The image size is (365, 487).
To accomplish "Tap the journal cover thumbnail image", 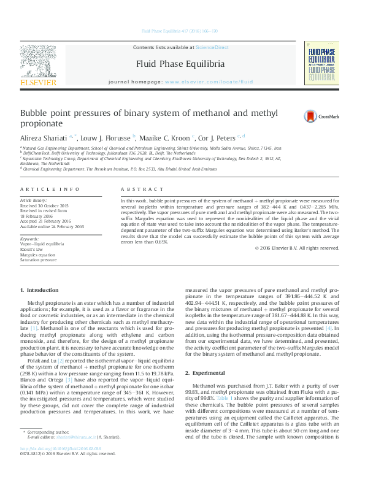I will (320, 65).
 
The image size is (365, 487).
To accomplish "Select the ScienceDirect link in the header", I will (212, 47).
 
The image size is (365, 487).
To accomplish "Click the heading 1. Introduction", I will (39, 290).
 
